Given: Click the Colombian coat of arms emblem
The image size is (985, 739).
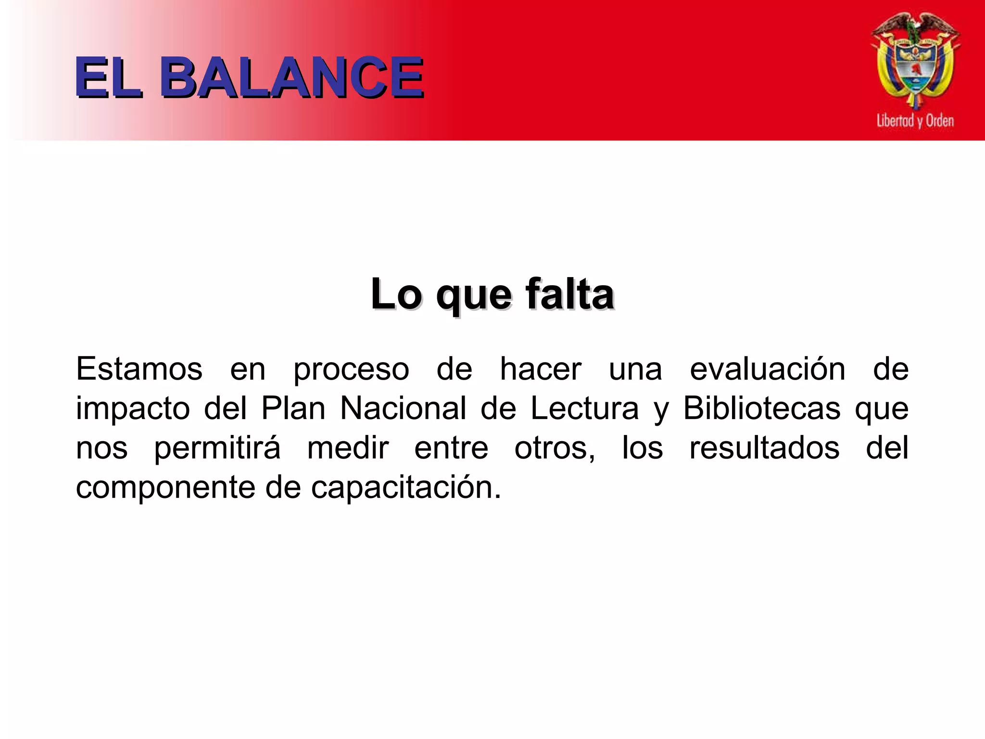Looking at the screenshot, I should [915, 60].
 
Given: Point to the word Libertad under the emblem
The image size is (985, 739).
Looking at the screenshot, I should [895, 120].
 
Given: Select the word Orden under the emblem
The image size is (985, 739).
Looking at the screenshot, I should [940, 120].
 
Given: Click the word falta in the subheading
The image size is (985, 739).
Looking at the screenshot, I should [569, 294].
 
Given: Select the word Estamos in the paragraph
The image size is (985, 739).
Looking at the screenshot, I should [139, 369].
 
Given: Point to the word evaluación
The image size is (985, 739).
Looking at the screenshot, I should [768, 369].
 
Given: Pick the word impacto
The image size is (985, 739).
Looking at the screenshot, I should [133, 409].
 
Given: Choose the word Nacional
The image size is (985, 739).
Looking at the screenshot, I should [403, 408].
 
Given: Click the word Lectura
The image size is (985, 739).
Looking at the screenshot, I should [585, 408].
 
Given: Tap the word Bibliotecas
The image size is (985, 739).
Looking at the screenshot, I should [762, 408].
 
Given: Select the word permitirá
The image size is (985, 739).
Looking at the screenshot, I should [217, 448].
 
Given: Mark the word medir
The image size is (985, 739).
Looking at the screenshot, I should [348, 447].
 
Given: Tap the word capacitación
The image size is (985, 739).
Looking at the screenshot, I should [405, 488].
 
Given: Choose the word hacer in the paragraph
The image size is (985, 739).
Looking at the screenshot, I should [541, 369].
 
